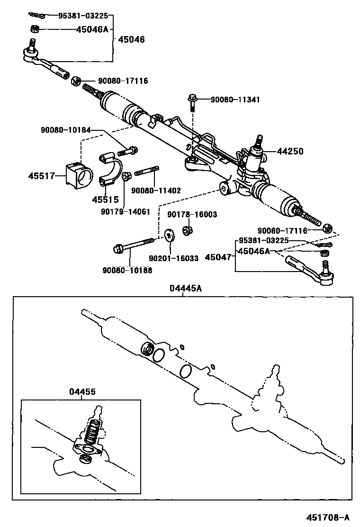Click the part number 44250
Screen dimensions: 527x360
click(x=290, y=152)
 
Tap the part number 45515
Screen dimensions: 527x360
click(x=105, y=200)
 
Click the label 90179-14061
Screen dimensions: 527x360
click(x=123, y=212)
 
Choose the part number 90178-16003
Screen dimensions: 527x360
click(x=192, y=215)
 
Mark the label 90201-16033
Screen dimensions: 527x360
click(x=173, y=258)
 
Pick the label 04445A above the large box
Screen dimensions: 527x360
click(x=183, y=288)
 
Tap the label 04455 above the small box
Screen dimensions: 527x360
click(x=82, y=391)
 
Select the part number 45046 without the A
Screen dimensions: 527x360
click(x=131, y=39)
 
